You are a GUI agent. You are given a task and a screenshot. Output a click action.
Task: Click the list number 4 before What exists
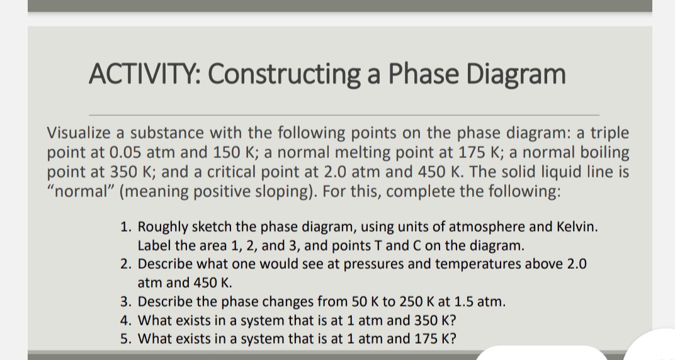[125, 320]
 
